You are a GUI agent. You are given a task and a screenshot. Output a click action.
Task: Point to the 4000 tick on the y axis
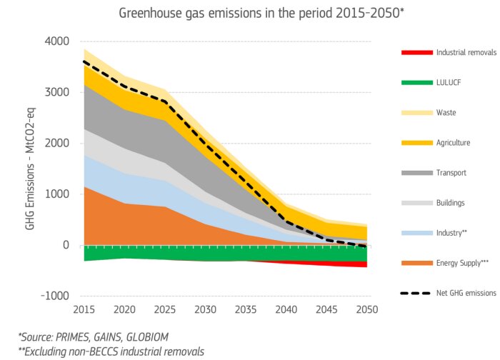pos(58,41)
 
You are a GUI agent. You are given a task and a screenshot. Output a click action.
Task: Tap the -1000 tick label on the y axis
pos(56,296)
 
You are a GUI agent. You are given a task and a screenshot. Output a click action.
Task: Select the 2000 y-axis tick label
pos(58,144)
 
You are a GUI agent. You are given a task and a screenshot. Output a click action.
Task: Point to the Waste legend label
pos(446,113)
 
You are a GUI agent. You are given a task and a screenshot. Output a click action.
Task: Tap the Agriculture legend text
pos(453,143)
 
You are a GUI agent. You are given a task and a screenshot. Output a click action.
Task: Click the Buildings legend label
pos(450,203)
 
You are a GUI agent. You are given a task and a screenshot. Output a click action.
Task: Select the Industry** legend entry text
pos(451,233)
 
